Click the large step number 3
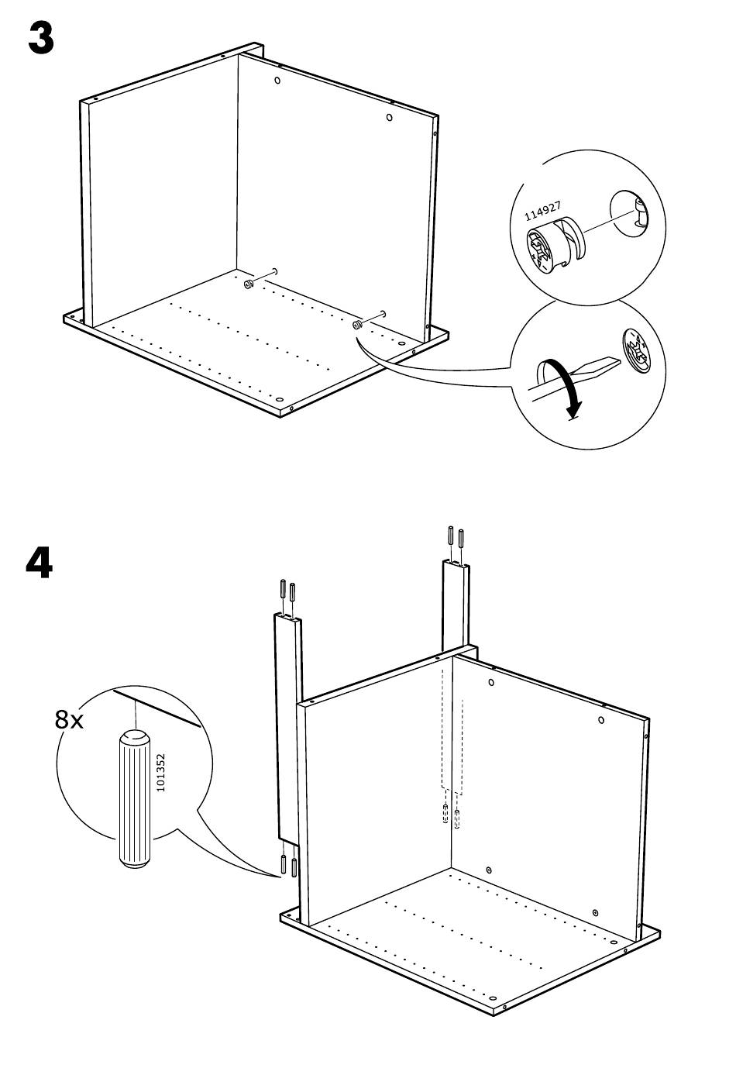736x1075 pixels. [x=41, y=39]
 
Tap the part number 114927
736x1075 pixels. [x=542, y=211]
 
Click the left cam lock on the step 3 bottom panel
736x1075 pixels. [x=249, y=284]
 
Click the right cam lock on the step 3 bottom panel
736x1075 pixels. [x=356, y=325]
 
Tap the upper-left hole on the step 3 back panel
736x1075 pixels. [x=277, y=80]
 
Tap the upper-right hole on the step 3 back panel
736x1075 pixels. [x=389, y=117]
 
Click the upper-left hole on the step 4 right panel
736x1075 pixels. [x=491, y=682]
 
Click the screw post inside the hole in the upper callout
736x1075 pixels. [x=640, y=212]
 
